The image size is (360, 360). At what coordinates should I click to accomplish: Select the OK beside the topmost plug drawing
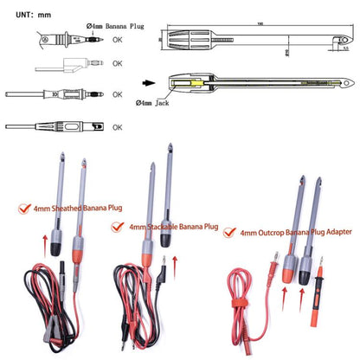click(118, 39)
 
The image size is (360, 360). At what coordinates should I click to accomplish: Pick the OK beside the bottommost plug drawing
click(118, 126)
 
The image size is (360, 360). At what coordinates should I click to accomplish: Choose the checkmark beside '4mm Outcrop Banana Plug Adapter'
click(229, 233)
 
